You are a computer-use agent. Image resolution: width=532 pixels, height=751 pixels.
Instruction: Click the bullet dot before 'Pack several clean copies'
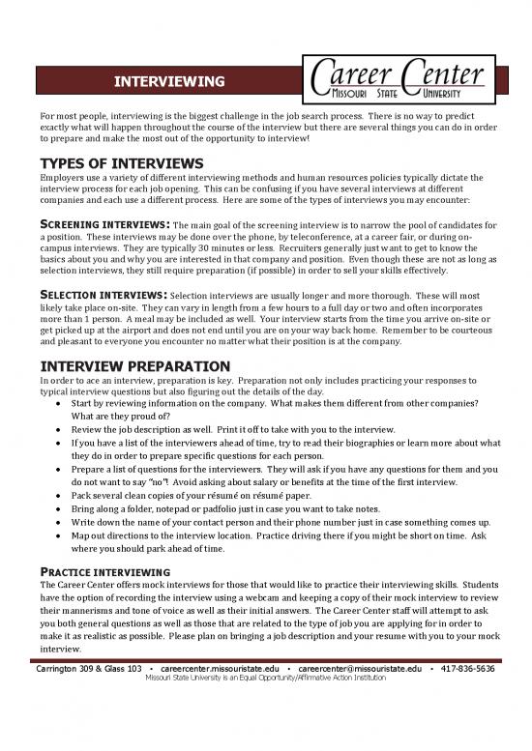click(x=59, y=492)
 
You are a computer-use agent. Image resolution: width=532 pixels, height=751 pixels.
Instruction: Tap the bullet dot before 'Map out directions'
click(x=59, y=534)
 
